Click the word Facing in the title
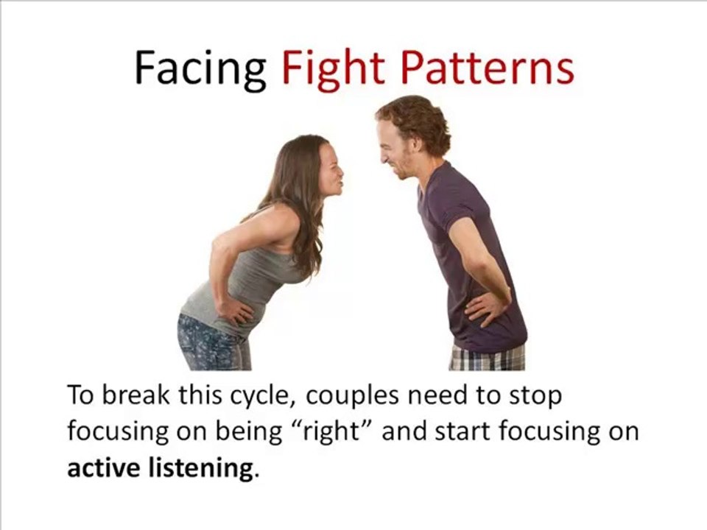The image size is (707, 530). (x=200, y=70)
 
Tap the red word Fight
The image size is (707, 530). (x=334, y=70)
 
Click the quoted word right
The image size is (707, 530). (x=334, y=432)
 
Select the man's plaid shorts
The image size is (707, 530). (x=488, y=358)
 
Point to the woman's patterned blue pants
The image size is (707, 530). (x=212, y=344)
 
